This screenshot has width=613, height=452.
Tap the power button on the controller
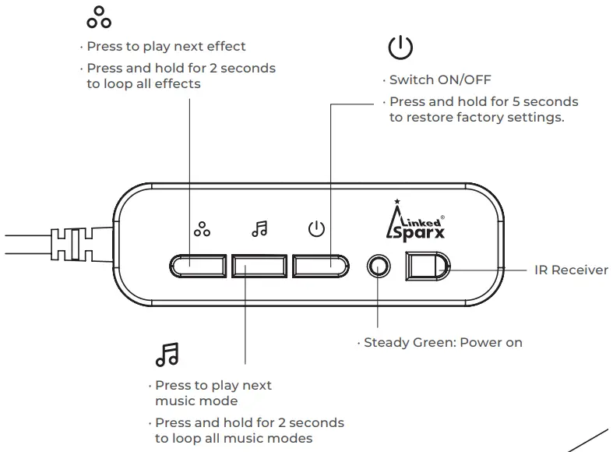(x=321, y=267)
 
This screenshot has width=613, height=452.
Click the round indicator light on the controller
(x=379, y=267)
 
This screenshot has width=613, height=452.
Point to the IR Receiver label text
(x=571, y=270)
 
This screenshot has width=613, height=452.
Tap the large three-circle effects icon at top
(x=100, y=17)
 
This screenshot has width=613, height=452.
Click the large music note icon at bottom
(x=167, y=354)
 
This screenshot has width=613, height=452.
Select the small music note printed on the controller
(x=259, y=229)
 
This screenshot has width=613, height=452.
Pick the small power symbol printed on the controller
(x=315, y=229)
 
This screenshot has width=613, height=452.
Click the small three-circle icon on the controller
(x=203, y=229)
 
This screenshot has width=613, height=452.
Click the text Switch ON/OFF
(x=439, y=79)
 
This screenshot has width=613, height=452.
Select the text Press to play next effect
(x=166, y=46)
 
